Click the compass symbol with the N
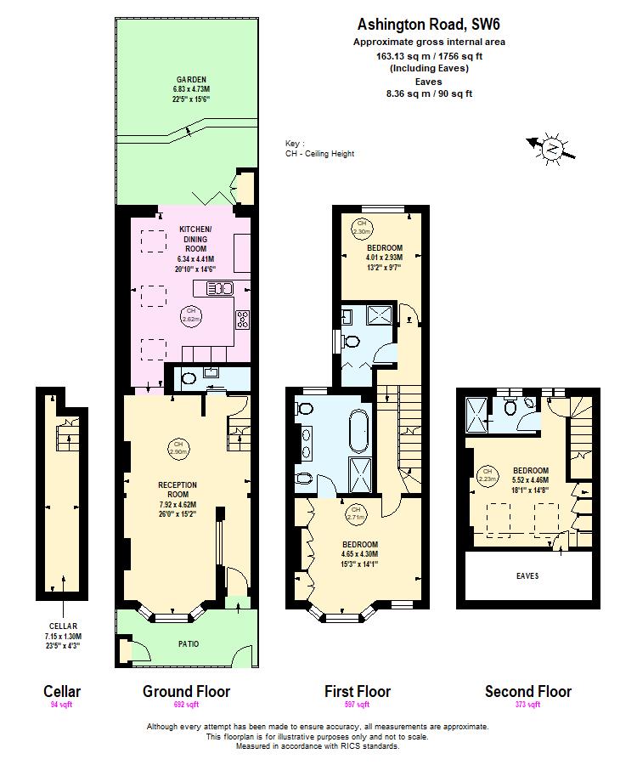(553, 149)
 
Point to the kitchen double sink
(213, 287)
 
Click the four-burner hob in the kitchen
(243, 320)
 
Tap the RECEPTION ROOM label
(178, 490)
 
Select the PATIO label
(189, 644)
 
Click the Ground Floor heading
(186, 691)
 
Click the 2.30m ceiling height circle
(359, 228)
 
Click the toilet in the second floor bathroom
(510, 408)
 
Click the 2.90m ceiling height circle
(178, 448)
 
